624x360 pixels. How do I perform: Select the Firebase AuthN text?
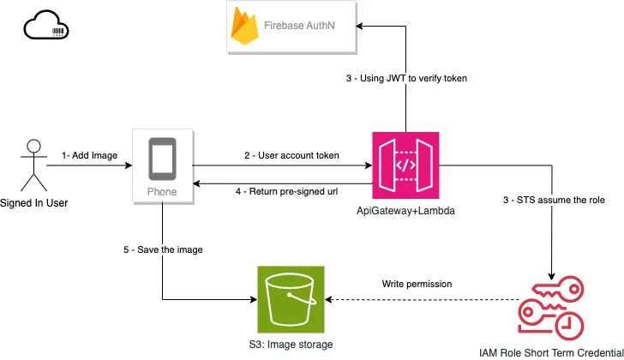click(x=300, y=27)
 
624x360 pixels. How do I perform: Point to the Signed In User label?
click(x=34, y=203)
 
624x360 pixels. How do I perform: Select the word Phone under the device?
click(x=163, y=192)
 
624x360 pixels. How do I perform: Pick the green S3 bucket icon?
click(x=292, y=299)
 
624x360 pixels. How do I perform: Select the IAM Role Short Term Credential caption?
click(x=552, y=351)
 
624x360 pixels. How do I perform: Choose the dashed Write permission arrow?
click(x=420, y=300)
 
